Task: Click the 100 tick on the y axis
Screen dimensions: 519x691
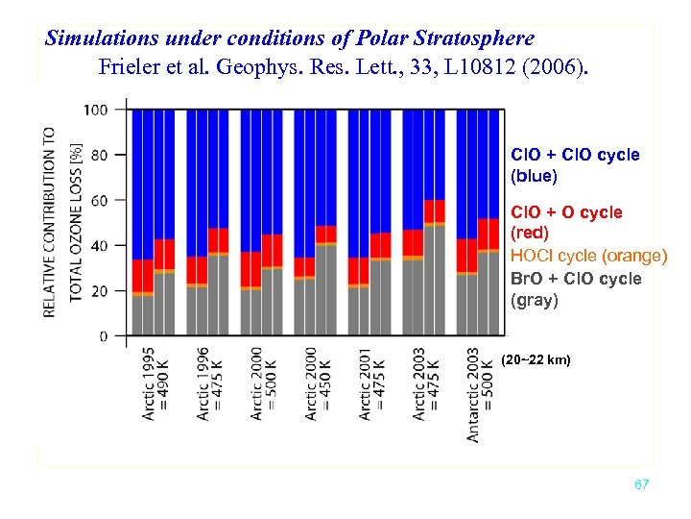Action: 96,110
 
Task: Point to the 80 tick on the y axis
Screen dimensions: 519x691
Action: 100,155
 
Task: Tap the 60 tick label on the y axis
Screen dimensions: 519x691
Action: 100,200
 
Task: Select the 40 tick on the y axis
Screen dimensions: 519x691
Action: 100,245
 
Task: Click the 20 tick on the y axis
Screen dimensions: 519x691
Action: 100,290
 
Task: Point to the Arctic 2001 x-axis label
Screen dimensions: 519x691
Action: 365,383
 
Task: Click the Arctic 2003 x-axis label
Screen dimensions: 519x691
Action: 418,383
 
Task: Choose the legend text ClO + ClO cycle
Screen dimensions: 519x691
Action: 575,155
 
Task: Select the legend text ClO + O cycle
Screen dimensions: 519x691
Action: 566,212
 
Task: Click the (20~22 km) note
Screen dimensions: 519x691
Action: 536,359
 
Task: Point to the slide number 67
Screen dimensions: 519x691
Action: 641,484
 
